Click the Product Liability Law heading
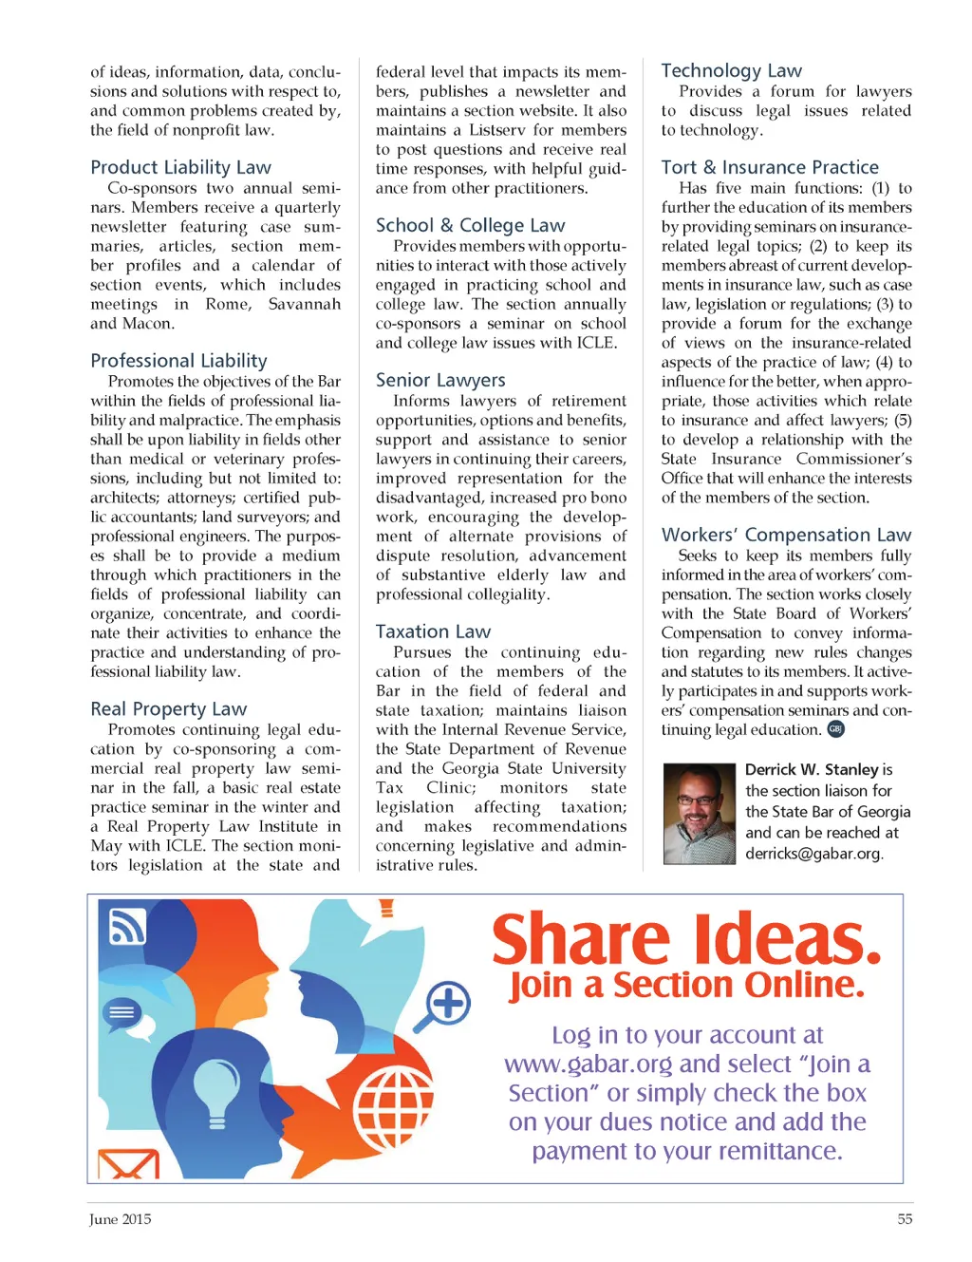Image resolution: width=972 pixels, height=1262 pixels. (180, 167)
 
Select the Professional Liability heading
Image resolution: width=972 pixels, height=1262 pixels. (178, 361)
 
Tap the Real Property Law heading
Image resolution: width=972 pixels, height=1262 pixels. (168, 709)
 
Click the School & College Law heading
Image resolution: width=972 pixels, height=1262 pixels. (470, 225)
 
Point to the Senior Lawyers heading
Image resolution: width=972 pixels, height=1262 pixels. (440, 380)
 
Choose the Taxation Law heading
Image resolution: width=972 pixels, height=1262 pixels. (433, 631)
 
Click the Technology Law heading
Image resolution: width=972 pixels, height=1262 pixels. (731, 70)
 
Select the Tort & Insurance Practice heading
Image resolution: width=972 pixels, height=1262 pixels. (770, 167)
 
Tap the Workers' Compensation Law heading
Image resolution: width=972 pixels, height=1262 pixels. (786, 535)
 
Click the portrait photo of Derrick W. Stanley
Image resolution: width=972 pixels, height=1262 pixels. (699, 813)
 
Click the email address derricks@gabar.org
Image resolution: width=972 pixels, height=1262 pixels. (813, 853)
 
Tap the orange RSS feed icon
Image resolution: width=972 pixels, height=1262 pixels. (127, 925)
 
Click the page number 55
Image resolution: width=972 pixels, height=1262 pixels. (905, 1219)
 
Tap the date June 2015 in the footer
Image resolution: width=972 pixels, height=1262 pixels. (121, 1219)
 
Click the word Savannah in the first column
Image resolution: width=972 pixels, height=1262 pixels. (304, 304)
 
